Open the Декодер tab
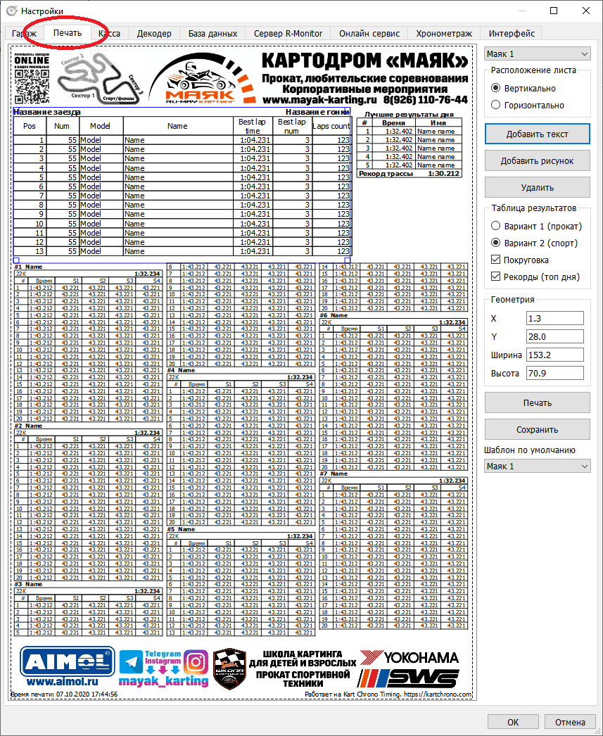154,33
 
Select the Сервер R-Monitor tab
288,33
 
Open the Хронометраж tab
444,33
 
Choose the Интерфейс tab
512,33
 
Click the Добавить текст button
538,134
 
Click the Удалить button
538,187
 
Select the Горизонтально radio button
496,105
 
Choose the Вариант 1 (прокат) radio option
496,226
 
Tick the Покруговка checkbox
496,260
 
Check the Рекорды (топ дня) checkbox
496,277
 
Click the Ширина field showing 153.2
554,355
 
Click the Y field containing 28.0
554,336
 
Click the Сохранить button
538,429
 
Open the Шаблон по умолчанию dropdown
538,466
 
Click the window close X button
585,11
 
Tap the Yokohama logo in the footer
410,658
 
